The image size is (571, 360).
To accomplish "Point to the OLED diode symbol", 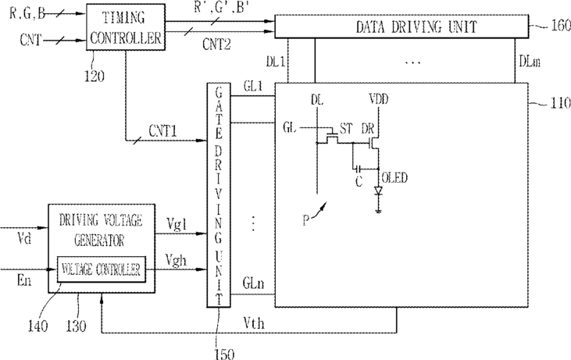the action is click(x=378, y=191).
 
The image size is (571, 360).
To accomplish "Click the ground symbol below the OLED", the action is click(x=378, y=211).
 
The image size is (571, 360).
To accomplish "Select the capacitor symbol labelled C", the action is click(x=359, y=169).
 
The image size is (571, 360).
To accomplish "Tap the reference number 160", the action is click(x=561, y=26).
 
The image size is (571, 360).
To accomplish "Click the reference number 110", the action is click(x=560, y=103).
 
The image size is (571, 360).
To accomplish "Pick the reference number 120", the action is click(x=94, y=77).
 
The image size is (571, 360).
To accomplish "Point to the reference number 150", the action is click(x=224, y=354).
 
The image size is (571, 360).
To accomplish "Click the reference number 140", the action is click(x=37, y=326).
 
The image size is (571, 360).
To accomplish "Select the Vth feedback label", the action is click(x=254, y=323).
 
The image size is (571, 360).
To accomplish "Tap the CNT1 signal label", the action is click(x=162, y=131).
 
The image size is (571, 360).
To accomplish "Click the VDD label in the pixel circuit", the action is click(x=378, y=99).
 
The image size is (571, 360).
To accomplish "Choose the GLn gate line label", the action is click(x=254, y=283).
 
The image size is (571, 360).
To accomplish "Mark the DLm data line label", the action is click(x=530, y=62).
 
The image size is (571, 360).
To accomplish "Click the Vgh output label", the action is click(x=176, y=261).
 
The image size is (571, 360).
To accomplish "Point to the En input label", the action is click(x=24, y=280).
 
